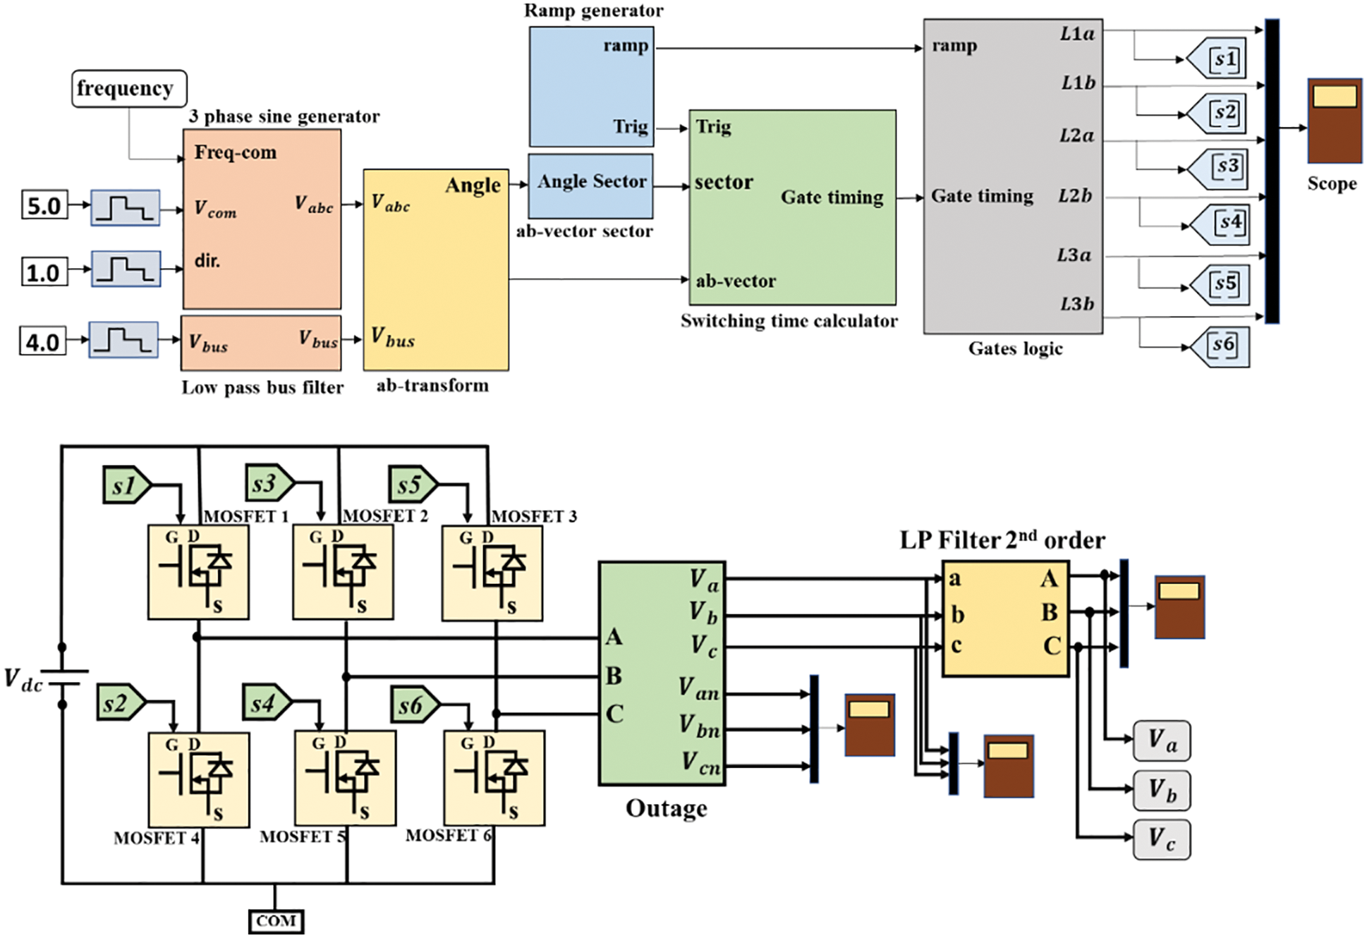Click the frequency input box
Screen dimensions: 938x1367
(x=129, y=89)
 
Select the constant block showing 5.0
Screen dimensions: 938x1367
(x=44, y=206)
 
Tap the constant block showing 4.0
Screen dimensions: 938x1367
(x=42, y=342)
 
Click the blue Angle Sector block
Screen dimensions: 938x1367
(x=591, y=186)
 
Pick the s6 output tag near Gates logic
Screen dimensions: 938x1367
(x=1221, y=346)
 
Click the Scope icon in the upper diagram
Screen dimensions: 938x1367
(x=1334, y=121)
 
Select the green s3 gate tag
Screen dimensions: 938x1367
(x=269, y=484)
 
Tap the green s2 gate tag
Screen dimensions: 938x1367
(x=121, y=703)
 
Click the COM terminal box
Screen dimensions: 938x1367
(x=276, y=921)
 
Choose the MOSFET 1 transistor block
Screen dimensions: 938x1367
(x=198, y=572)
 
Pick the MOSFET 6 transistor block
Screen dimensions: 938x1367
(x=494, y=778)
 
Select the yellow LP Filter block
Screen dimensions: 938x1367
(x=1005, y=619)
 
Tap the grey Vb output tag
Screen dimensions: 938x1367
(x=1161, y=790)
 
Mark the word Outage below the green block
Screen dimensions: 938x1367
(x=666, y=808)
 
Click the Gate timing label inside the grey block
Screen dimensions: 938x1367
(x=982, y=196)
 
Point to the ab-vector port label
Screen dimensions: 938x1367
(x=736, y=281)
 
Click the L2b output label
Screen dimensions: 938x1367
(x=1075, y=195)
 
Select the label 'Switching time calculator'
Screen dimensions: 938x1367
(x=789, y=321)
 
